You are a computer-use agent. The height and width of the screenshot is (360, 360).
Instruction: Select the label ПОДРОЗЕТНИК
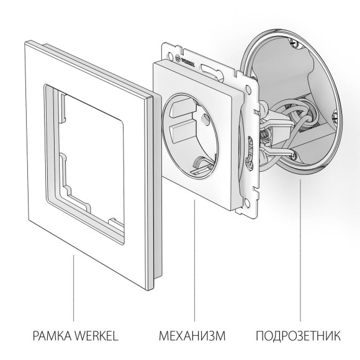click(297, 336)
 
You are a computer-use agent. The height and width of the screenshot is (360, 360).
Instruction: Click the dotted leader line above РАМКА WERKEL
click(74, 286)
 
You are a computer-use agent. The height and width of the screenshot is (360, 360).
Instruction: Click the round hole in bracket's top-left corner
click(168, 49)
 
